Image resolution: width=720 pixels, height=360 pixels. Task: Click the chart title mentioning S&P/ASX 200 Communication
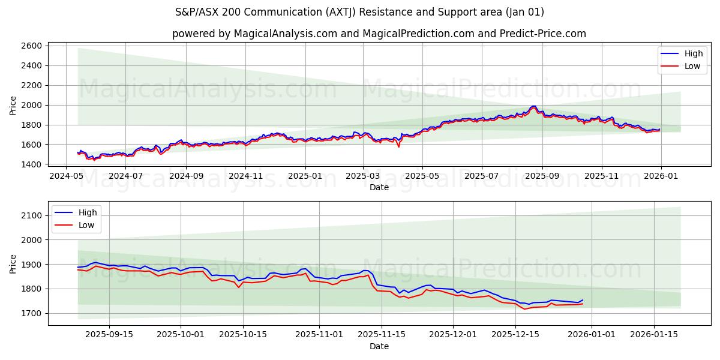tap(360, 12)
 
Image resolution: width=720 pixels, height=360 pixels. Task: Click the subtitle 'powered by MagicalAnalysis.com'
tap(379, 34)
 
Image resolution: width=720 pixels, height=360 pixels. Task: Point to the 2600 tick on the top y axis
tap(31, 46)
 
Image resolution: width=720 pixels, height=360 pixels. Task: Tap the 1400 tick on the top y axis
tap(31, 164)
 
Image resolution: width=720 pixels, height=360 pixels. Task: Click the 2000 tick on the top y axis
tap(31, 105)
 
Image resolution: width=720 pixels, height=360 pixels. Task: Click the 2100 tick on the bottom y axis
tap(31, 215)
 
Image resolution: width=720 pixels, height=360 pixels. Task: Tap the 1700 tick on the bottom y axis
tap(31, 313)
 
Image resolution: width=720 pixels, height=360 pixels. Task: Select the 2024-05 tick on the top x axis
tap(66, 176)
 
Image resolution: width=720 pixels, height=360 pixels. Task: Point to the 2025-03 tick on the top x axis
tap(363, 176)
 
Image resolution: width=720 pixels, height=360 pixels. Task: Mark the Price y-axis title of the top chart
tap(13, 105)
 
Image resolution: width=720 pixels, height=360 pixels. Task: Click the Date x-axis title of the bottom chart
tap(379, 346)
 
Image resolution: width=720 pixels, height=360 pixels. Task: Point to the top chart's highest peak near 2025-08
tap(533, 106)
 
